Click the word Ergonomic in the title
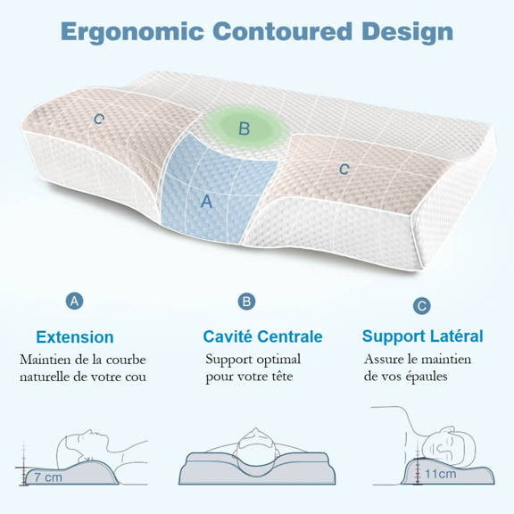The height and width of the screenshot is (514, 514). (130, 31)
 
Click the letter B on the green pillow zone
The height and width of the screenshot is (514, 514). (244, 129)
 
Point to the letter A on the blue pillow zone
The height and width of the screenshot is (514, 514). (207, 202)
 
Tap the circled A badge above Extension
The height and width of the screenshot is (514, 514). (75, 302)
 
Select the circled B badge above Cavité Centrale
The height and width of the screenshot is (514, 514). (246, 302)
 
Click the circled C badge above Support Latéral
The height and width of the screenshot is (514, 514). (422, 305)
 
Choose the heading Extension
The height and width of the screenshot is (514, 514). (75, 337)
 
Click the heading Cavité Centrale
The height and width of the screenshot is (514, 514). (262, 337)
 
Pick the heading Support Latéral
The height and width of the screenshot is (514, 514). (422, 336)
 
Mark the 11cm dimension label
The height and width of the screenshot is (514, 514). (440, 473)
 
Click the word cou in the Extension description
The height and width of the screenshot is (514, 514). (135, 376)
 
